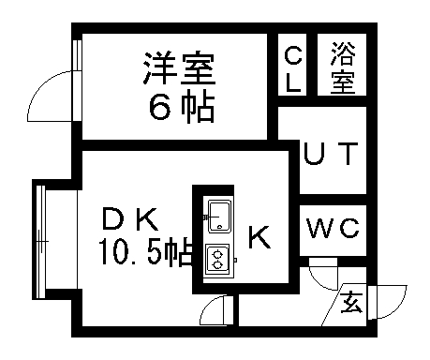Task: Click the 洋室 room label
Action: click(x=180, y=68)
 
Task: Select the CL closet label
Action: click(x=293, y=67)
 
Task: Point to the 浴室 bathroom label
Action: click(x=342, y=67)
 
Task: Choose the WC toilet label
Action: click(x=334, y=227)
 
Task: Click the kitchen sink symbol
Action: click(x=220, y=216)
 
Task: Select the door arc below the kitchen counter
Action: click(x=215, y=308)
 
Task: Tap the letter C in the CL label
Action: click(x=293, y=53)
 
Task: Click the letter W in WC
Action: click(x=320, y=227)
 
